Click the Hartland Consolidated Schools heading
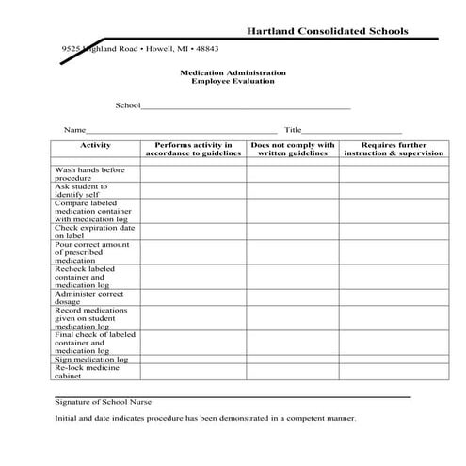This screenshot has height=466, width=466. (x=327, y=31)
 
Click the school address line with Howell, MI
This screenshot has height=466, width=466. (x=140, y=48)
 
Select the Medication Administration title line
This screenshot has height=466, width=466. (x=233, y=72)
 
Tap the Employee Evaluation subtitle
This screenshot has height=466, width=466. (x=233, y=82)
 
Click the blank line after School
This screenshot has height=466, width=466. (x=246, y=108)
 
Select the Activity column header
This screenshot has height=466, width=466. (x=96, y=146)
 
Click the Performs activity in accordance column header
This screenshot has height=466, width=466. (x=194, y=150)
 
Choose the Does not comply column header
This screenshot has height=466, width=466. (x=293, y=150)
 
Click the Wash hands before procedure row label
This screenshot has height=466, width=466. (x=89, y=174)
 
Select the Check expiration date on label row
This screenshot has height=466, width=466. (x=94, y=232)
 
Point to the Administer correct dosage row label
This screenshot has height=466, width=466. (x=90, y=297)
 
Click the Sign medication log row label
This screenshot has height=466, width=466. (x=91, y=359)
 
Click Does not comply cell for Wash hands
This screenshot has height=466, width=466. (x=293, y=174)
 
